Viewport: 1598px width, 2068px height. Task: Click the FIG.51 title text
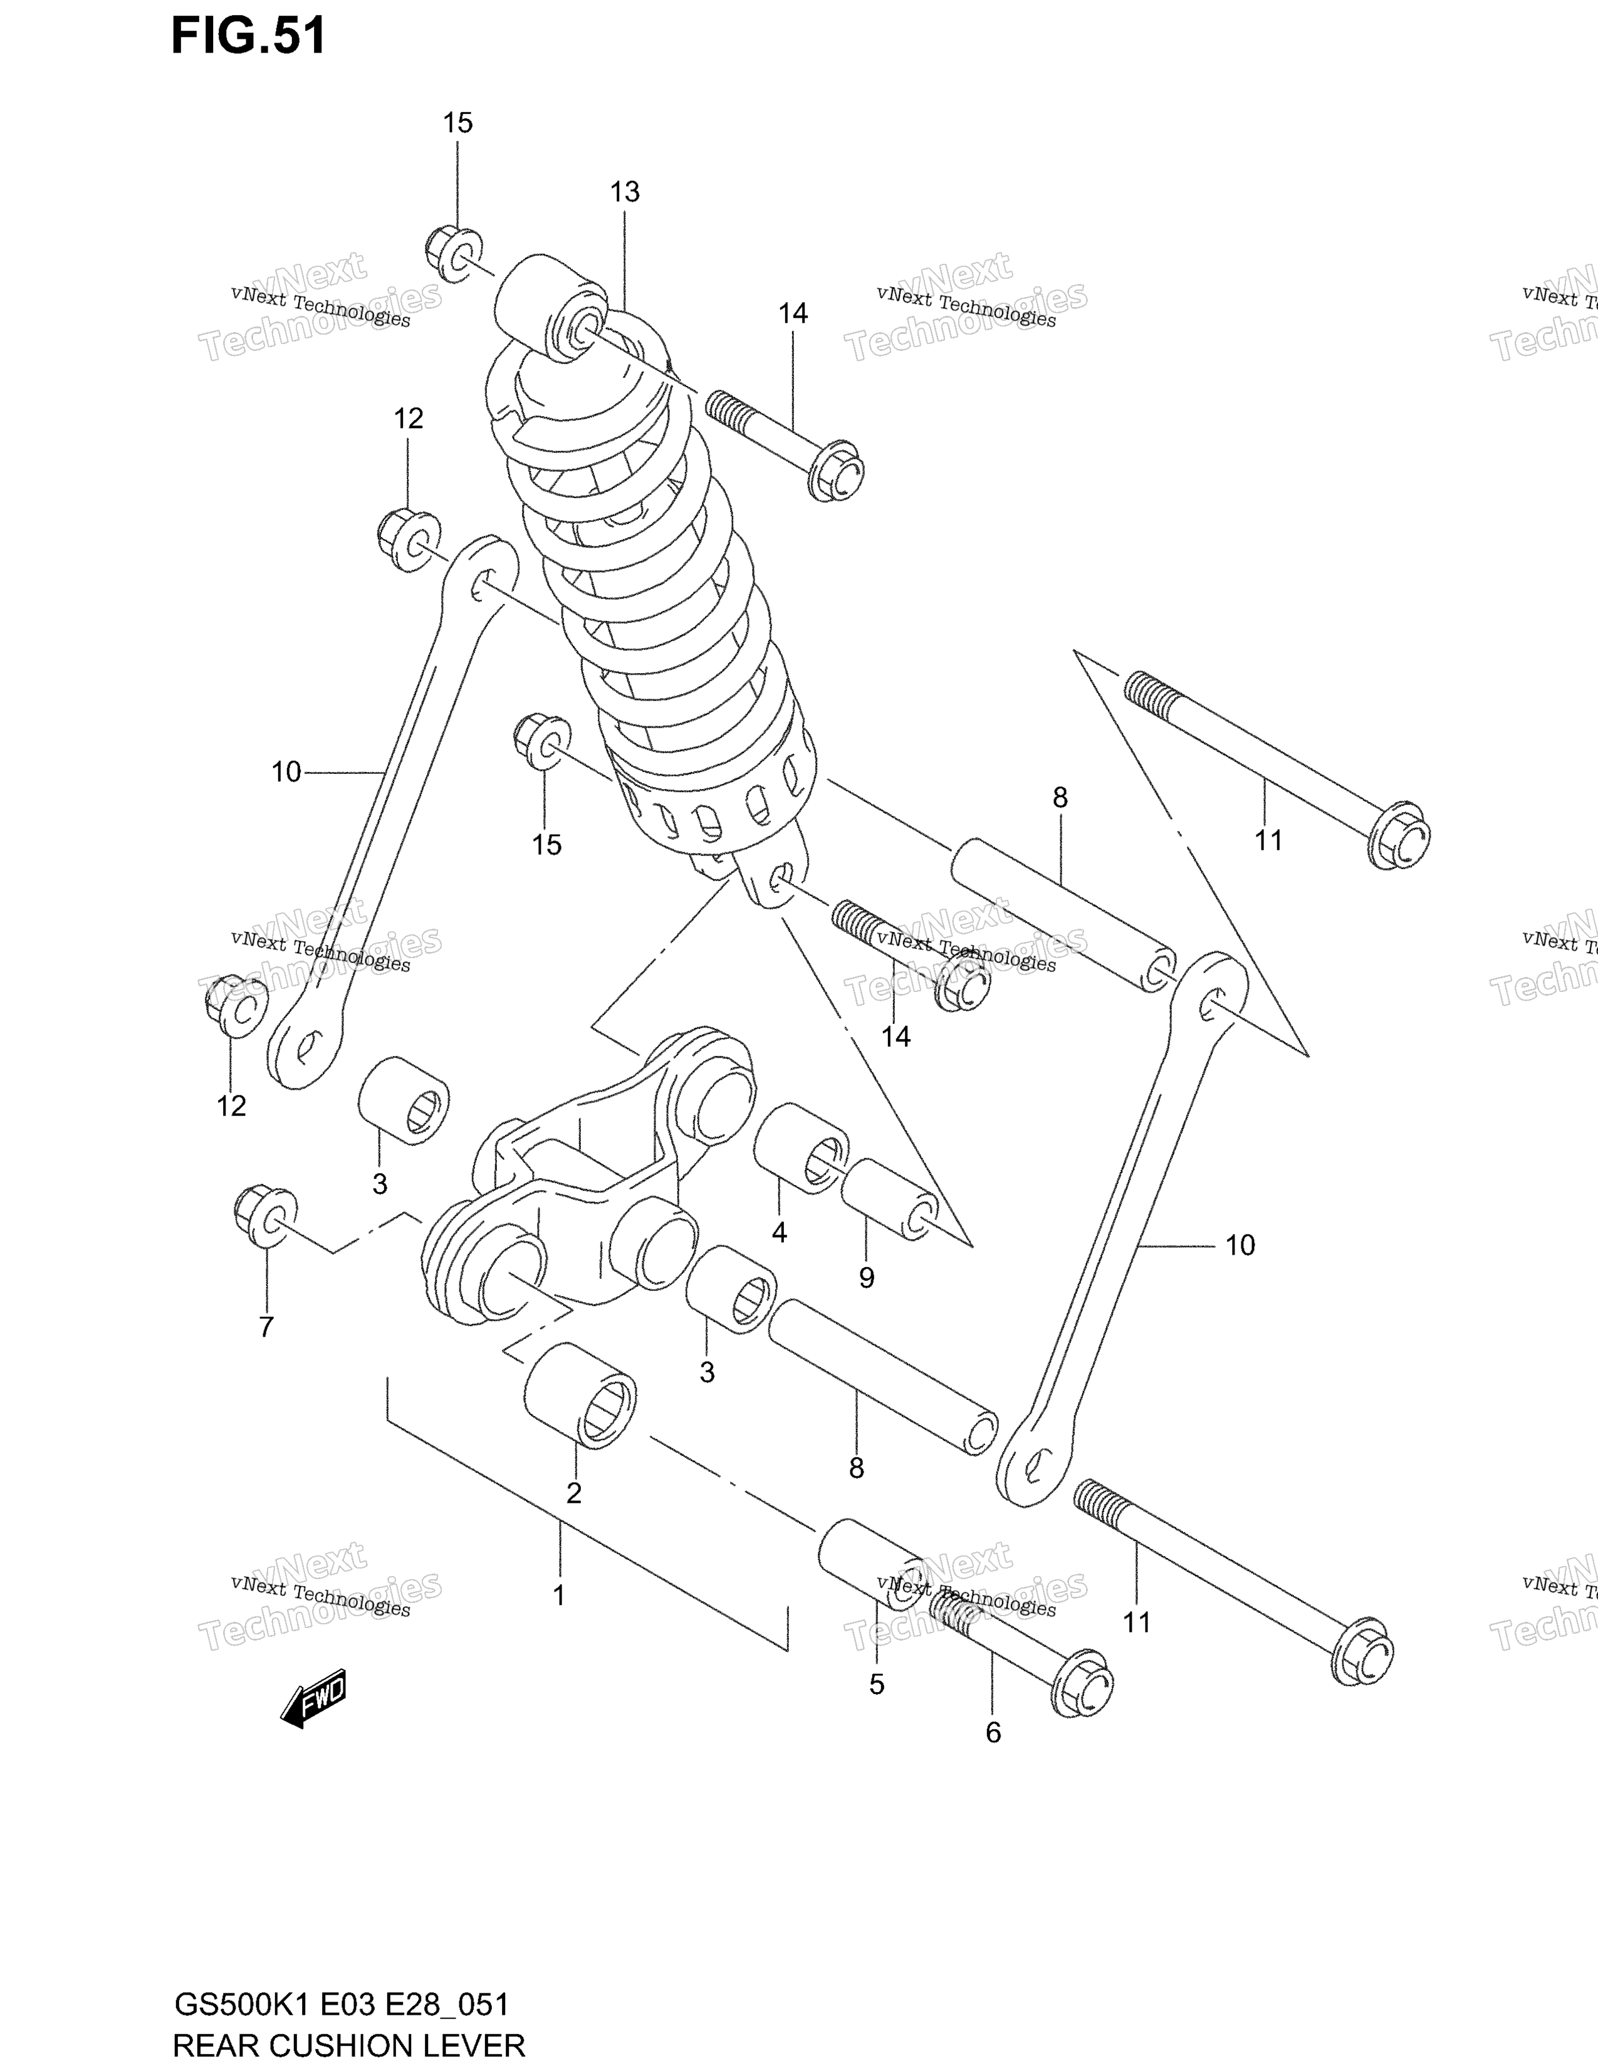click(x=248, y=36)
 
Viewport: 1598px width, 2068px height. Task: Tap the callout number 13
click(x=625, y=192)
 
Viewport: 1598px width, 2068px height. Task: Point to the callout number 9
click(x=866, y=1278)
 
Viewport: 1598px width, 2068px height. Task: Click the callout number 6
click(x=993, y=1733)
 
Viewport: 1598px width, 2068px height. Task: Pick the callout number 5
click(x=877, y=1684)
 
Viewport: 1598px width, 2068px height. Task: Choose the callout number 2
click(x=573, y=1493)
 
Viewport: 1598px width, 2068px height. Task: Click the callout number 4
click(x=779, y=1232)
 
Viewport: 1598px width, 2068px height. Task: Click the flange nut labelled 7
click(x=265, y=1214)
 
